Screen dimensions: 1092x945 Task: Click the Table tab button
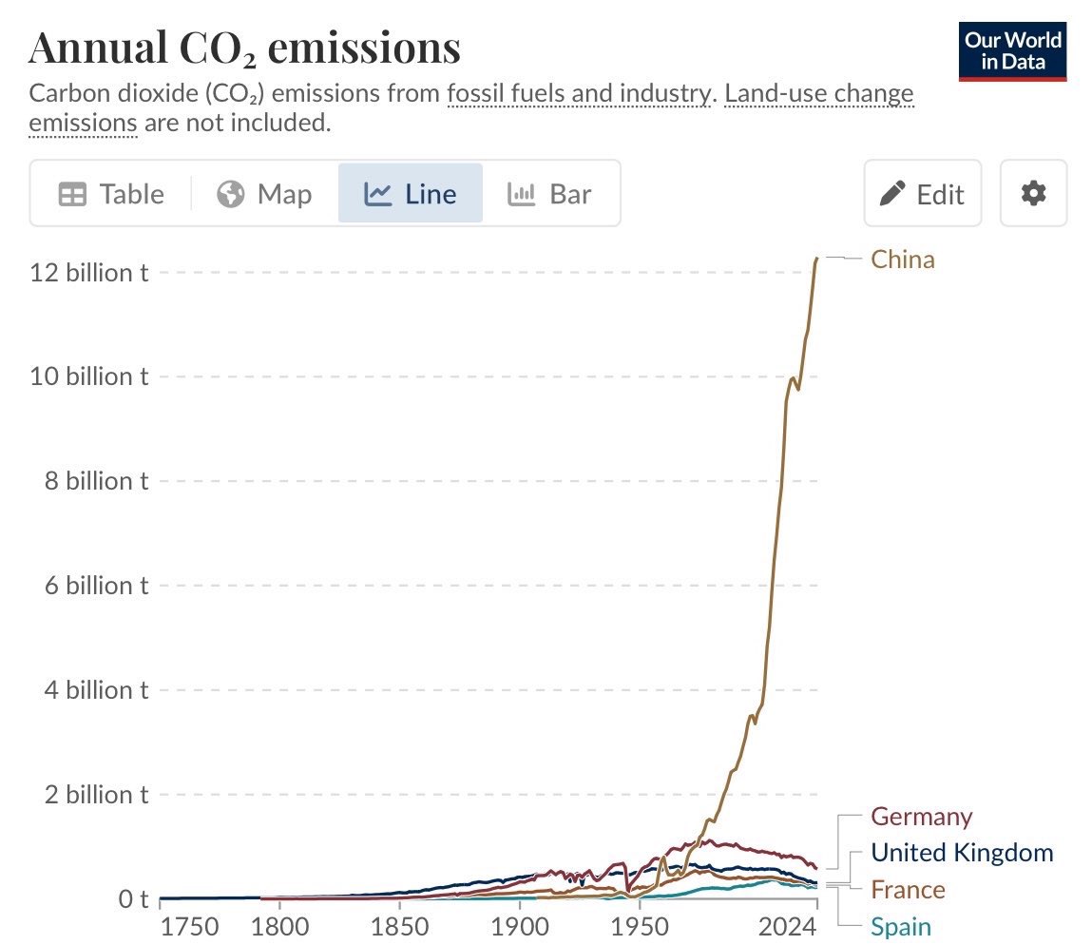111,194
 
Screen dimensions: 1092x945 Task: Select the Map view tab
264,194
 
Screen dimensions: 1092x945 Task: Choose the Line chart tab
411,194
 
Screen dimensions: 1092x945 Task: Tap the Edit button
923,194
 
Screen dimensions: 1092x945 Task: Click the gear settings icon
1033,193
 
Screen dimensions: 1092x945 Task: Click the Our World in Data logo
1012,51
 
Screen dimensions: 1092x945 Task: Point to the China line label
903,260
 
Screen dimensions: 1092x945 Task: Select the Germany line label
921,816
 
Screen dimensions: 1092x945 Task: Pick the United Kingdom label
962,853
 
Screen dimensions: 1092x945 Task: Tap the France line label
908,890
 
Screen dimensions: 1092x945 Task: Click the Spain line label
900,927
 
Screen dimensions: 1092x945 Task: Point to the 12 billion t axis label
89,273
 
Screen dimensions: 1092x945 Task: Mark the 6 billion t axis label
97,586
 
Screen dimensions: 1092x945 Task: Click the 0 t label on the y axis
133,899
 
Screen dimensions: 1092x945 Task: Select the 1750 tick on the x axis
189,927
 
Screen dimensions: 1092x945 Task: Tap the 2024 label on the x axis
787,927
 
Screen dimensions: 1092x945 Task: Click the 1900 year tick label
520,927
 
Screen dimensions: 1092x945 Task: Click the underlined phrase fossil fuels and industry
579,93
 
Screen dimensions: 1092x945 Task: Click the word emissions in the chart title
364,48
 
